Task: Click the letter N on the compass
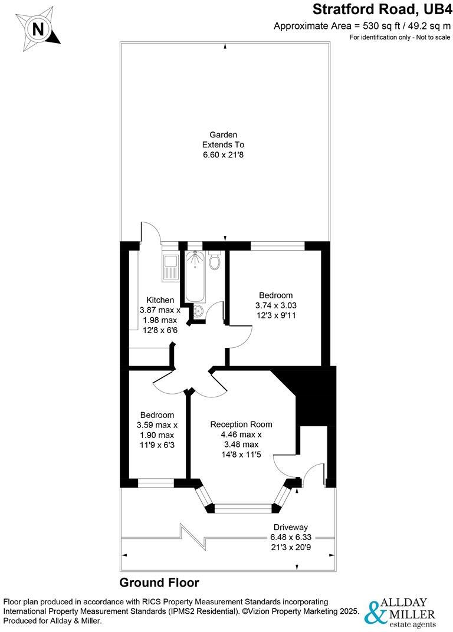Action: tap(38, 28)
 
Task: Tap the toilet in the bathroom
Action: tap(215, 260)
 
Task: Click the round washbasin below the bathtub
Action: tap(197, 311)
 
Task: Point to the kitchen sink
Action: tap(170, 267)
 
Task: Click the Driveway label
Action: tap(290, 526)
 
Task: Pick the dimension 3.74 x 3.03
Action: tap(275, 305)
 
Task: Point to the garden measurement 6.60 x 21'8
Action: tap(223, 155)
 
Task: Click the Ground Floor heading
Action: tap(159, 582)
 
